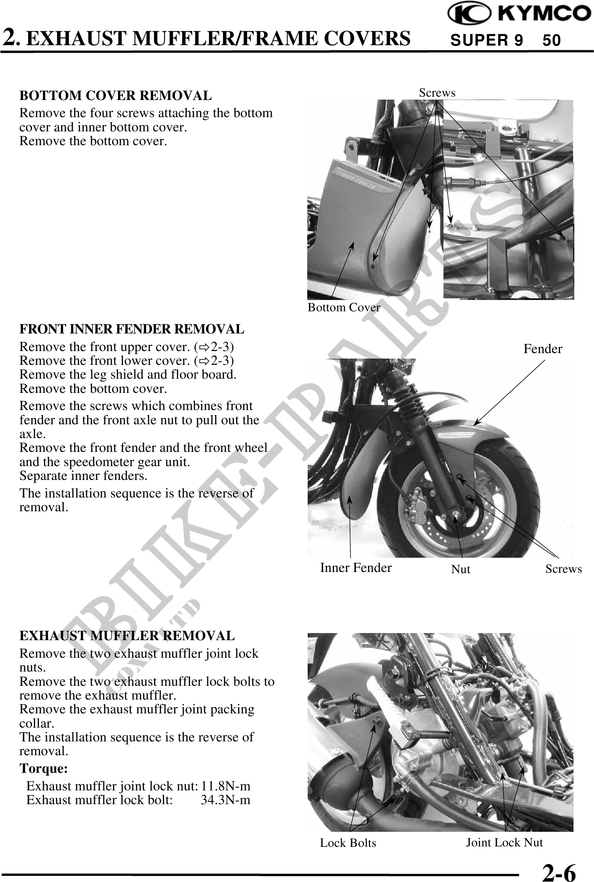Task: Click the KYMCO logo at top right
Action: [519, 13]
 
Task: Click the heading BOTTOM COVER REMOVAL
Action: [116, 96]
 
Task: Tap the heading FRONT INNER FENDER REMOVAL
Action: [132, 329]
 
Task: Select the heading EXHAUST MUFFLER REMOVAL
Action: [127, 636]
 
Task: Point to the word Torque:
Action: [44, 769]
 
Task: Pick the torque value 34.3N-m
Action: [226, 800]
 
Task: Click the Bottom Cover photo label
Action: [344, 308]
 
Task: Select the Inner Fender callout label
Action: [356, 567]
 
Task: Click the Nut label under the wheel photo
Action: [460, 569]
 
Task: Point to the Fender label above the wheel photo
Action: [543, 349]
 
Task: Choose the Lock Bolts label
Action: [348, 843]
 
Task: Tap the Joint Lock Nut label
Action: [504, 842]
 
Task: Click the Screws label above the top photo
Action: [437, 92]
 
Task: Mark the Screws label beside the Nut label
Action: [563, 569]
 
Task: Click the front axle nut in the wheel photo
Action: [456, 518]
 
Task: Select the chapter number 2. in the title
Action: [11, 37]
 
